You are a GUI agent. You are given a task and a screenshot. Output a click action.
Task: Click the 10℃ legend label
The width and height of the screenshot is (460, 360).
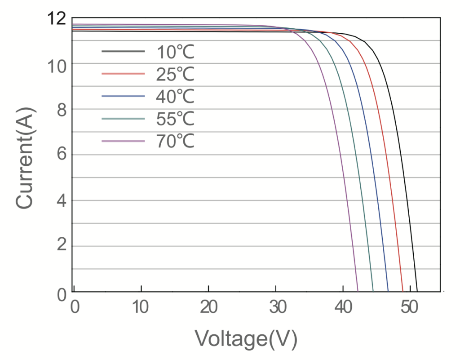175,52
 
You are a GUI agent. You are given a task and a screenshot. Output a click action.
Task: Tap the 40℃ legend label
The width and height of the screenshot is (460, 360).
175,96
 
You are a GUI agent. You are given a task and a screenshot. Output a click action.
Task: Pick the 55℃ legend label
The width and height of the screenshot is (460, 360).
175,119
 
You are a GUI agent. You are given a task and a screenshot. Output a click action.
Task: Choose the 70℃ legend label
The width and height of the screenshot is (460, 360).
175,141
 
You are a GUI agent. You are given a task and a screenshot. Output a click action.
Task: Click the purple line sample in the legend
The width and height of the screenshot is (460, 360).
123,141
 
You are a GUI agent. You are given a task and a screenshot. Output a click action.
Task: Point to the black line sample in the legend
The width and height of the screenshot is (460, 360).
123,52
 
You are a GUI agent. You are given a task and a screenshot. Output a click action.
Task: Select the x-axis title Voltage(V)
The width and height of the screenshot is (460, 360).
246,338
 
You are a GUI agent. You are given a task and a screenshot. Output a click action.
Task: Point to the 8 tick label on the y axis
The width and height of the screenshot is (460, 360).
61,109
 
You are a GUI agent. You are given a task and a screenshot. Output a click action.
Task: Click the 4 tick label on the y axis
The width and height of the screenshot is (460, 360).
61,200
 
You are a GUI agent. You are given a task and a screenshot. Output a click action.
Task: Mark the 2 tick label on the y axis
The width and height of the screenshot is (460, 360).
61,246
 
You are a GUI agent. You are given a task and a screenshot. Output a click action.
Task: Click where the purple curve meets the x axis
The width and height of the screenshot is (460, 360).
358,291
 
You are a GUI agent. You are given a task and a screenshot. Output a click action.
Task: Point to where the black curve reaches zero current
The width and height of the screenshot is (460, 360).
417,291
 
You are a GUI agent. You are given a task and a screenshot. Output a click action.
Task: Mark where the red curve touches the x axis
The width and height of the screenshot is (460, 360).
403,291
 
